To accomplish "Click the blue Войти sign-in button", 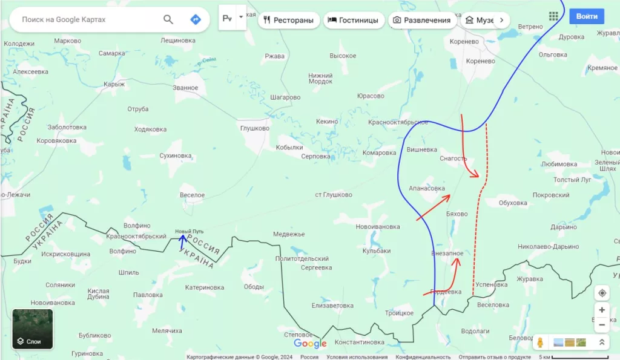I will (x=586, y=16).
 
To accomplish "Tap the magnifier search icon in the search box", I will (x=168, y=19).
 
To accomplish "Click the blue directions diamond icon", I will (x=195, y=19).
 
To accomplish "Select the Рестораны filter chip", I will (x=289, y=20).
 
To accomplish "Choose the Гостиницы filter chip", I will (x=353, y=20).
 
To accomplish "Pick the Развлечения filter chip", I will (x=422, y=20).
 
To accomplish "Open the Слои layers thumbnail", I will (x=33, y=329).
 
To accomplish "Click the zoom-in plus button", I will (x=602, y=310).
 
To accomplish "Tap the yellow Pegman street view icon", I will (x=539, y=343).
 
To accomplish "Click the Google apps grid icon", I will (x=553, y=16).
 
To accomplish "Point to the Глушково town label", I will (x=255, y=128).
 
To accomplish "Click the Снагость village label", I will (x=453, y=159).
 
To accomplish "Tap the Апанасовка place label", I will (x=427, y=188).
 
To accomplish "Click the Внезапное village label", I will (x=447, y=253).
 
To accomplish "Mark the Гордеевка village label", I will (x=446, y=292).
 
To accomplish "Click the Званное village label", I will (x=185, y=88).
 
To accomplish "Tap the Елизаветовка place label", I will (x=332, y=306).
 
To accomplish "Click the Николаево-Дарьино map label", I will (x=548, y=247).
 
